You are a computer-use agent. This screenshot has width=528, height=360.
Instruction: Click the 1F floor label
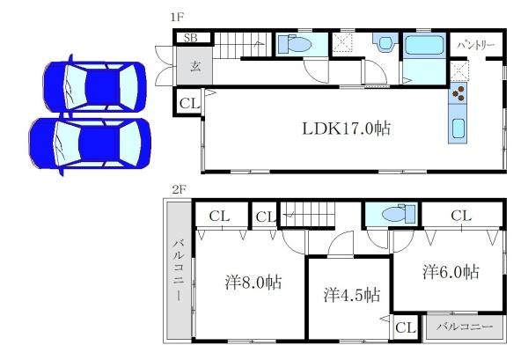pyautogui.click(x=178, y=18)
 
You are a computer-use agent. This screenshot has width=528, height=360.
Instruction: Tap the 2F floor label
pyautogui.click(x=179, y=190)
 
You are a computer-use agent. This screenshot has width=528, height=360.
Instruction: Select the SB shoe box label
pyautogui.click(x=191, y=38)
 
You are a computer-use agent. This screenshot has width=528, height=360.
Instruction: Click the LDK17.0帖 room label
pyautogui.click(x=347, y=129)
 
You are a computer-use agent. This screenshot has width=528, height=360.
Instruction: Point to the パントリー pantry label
pyautogui.click(x=476, y=45)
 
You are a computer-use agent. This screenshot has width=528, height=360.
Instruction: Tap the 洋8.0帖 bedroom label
pyautogui.click(x=253, y=283)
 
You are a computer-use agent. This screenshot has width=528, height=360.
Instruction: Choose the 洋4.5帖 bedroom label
pyautogui.click(x=352, y=294)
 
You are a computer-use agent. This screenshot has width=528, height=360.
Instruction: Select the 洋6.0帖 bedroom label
pyautogui.click(x=451, y=271)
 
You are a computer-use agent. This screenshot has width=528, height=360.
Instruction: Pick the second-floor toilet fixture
pyautogui.click(x=399, y=214)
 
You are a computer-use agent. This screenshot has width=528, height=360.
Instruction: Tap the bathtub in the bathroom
pyautogui.click(x=424, y=45)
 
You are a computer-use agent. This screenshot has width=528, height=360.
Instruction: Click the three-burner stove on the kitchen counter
pyautogui.click(x=458, y=93)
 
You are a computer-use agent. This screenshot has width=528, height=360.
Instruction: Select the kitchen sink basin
pyautogui.click(x=458, y=129)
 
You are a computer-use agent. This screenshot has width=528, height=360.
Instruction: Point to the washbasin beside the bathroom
pyautogui.click(x=385, y=43)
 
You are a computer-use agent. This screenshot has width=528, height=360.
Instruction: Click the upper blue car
pyautogui.click(x=95, y=86)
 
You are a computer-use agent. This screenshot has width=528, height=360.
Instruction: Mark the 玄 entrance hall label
pyautogui.click(x=195, y=66)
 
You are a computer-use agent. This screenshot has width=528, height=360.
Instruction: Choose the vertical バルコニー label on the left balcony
pyautogui.click(x=179, y=269)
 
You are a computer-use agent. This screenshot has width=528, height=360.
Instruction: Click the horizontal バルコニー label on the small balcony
pyautogui.click(x=465, y=327)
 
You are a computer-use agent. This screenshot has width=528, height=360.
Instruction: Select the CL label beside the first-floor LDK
pyautogui.click(x=190, y=103)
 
